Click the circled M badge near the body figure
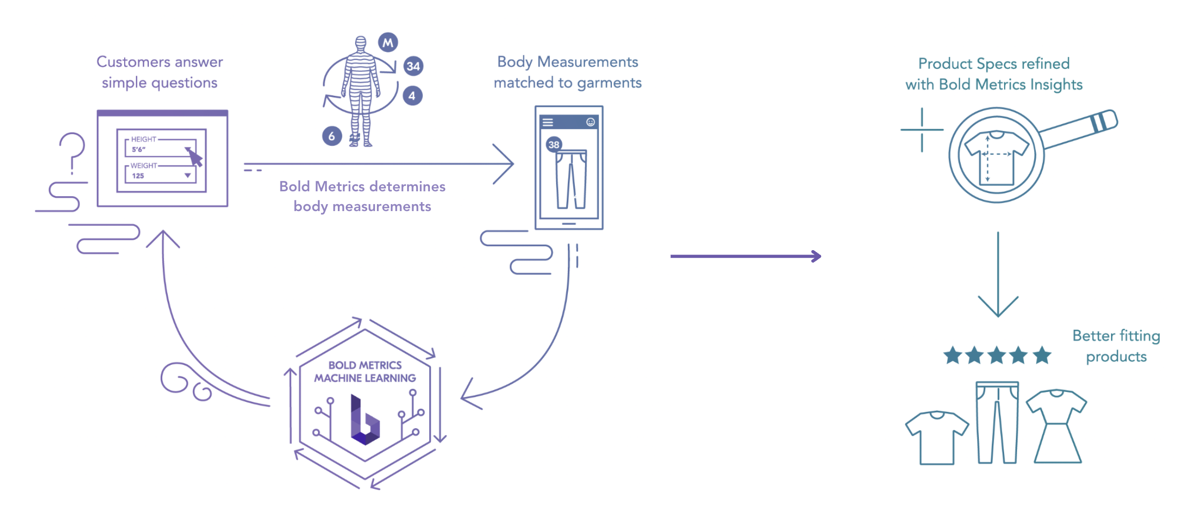[x=388, y=43]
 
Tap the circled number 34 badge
[x=413, y=66]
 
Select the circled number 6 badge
[x=332, y=136]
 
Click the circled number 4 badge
[x=412, y=96]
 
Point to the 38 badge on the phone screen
[x=554, y=144]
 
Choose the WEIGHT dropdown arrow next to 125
[x=187, y=175]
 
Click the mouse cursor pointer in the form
[x=196, y=158]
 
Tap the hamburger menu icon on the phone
[x=548, y=122]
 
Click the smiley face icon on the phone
[x=590, y=122]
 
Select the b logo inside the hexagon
[x=365, y=420]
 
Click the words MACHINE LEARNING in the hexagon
[x=365, y=378]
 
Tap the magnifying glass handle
[x=1078, y=130]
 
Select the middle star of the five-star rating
[x=997, y=355]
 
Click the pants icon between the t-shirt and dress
[x=997, y=423]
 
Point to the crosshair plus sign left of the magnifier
[x=922, y=130]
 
